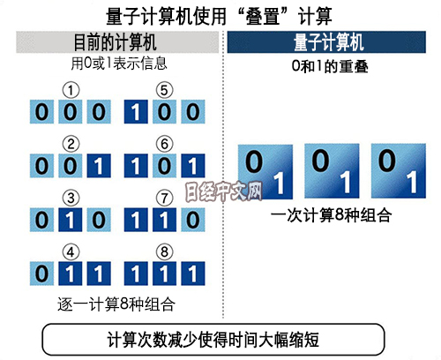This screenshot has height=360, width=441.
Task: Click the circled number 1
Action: (x=71, y=90)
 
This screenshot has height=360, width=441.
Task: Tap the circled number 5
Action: (x=164, y=90)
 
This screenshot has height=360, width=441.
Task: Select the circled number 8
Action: (x=164, y=252)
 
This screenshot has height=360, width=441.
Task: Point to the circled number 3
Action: (x=71, y=198)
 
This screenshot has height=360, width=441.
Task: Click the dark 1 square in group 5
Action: (x=136, y=112)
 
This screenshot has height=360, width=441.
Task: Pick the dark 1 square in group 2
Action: (x=99, y=166)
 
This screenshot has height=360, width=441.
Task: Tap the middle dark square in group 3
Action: (x=71, y=220)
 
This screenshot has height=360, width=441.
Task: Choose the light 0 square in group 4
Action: (x=41, y=274)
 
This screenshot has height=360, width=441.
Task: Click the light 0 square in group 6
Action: (x=164, y=166)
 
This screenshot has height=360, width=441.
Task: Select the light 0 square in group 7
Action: (x=193, y=220)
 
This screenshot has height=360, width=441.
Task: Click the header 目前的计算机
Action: (x=115, y=42)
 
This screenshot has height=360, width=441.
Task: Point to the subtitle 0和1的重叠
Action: (x=330, y=66)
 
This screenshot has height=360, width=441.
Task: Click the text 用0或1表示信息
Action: (x=119, y=64)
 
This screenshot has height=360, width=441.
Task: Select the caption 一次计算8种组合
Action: (x=331, y=215)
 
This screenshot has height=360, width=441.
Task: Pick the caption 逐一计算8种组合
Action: (x=116, y=304)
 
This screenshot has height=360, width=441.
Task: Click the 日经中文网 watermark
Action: (x=223, y=191)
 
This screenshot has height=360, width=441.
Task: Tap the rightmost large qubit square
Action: (x=399, y=171)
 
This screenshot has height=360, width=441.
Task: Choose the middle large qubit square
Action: (x=332, y=171)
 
